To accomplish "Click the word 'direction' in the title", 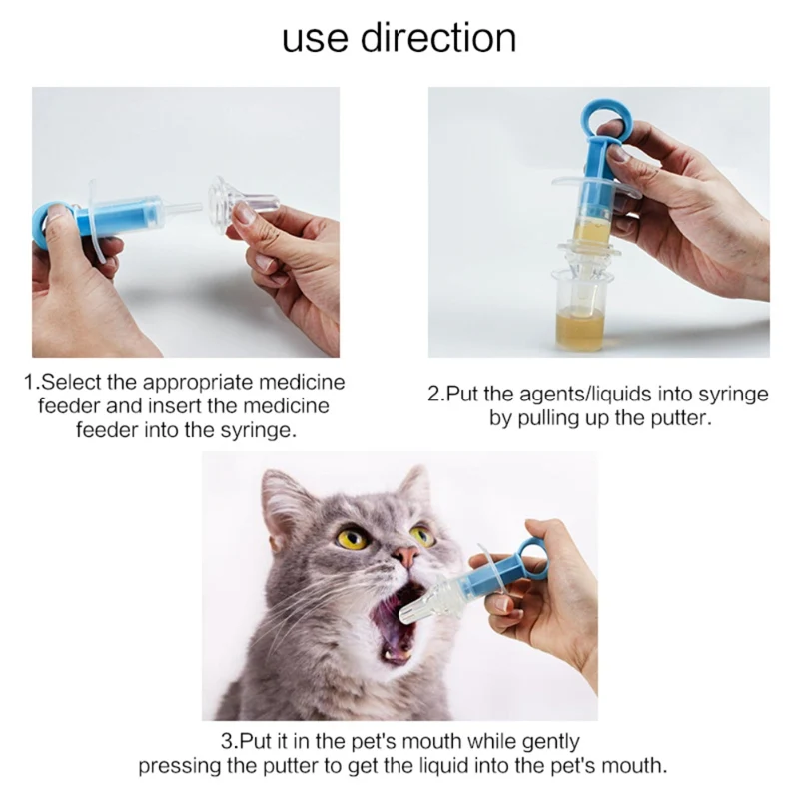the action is [438, 37].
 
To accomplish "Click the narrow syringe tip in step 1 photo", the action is [183, 209].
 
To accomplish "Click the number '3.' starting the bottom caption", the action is [229, 741].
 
